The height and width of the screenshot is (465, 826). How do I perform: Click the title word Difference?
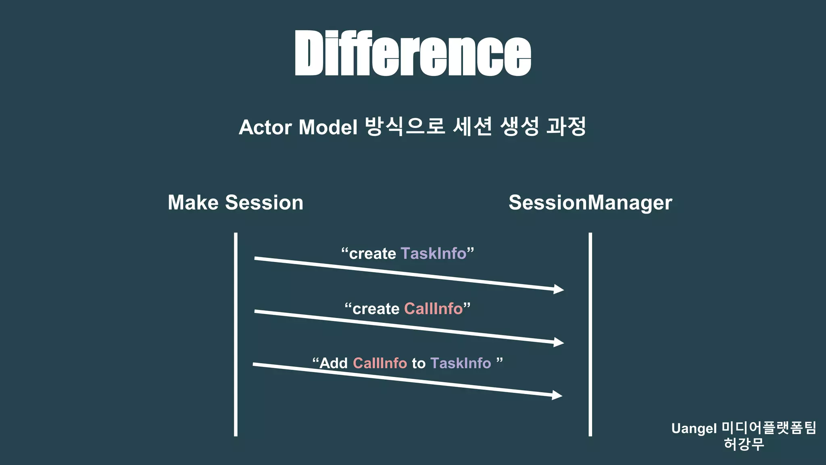pos(413,53)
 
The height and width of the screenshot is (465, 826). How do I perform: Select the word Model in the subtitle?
pos(328,127)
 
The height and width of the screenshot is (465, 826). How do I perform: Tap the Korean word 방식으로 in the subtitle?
pos(405,126)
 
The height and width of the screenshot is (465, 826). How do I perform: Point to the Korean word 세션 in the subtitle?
pos(472,126)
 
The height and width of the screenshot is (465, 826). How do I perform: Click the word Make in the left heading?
pos(193,202)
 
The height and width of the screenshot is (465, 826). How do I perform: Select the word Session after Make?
pos(264,202)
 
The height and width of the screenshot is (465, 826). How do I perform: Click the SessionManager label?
pos(590,203)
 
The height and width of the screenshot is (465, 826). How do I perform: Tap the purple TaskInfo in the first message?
pos(434,253)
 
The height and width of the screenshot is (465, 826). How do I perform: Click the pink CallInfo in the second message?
pos(433,309)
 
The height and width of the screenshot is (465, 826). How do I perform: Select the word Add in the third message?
pos(334,363)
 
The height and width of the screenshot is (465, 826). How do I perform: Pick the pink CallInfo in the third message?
pos(380,363)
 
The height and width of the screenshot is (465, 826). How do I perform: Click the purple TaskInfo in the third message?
pos(461,363)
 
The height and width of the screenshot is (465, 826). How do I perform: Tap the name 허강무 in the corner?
pos(744,444)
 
